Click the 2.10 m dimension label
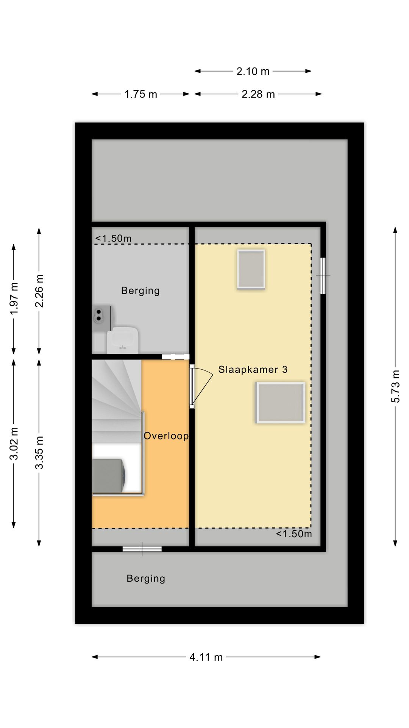coord(253,71)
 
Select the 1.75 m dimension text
coord(140,94)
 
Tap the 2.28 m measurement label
coord(258,94)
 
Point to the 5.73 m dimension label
coord(395,386)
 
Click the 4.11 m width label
coord(206,657)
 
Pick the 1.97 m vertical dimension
coord(14,298)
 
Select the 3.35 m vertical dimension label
coord(39,452)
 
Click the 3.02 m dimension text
coord(14,443)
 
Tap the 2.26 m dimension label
coord(39,291)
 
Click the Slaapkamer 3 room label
coord(253,369)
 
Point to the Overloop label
coord(166,436)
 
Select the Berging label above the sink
coord(140,290)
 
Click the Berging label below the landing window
coord(146,578)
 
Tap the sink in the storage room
coord(122,340)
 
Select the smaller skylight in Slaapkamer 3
coord(251,269)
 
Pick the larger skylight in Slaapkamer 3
coord(280,402)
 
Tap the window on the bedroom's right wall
coord(323,276)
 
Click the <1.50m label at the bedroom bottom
coord(294,534)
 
